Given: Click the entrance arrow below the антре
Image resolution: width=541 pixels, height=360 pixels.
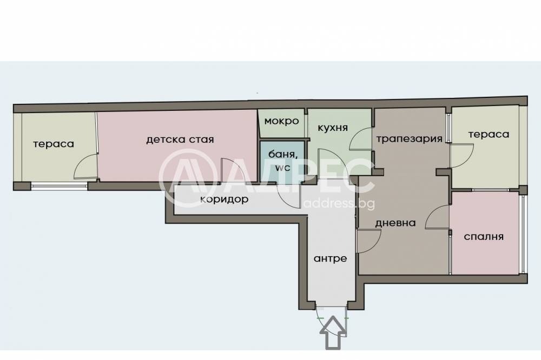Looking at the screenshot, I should coord(332,332).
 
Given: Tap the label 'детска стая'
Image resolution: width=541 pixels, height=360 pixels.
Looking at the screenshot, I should coord(180,139).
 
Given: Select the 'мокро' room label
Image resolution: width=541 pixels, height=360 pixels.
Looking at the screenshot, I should coord(281,121).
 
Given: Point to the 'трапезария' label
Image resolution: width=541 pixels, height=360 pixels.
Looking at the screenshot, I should coord(410,138).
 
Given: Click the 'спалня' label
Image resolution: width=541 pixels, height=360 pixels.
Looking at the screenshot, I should coord(484,236).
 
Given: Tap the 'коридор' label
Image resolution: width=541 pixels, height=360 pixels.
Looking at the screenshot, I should coord(224,199).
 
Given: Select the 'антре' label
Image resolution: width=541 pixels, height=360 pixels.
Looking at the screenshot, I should coord(330,258).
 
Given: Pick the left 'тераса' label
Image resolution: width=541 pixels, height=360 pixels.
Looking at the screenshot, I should coord(53,144).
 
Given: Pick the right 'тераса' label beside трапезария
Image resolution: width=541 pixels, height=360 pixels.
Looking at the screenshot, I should coord(489,134).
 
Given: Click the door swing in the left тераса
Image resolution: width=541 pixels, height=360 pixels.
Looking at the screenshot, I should coord(85,167).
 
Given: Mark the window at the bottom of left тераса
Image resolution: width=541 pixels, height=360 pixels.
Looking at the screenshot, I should coord(59,186).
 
